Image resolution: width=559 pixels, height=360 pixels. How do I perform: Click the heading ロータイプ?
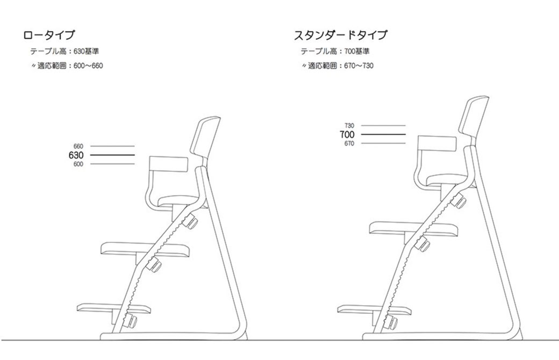pos(49,35)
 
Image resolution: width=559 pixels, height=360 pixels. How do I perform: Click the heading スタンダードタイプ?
pos(340,35)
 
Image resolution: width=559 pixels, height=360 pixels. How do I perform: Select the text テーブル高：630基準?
pos(64,52)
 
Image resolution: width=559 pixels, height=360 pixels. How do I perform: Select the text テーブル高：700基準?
pos(335,52)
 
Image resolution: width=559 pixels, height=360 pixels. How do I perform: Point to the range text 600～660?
pos(88,66)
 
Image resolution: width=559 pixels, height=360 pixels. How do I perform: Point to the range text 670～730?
pos(359,66)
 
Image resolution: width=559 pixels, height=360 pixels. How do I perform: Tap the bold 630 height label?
pos(76,155)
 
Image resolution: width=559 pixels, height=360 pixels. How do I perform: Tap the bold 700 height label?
pos(347,134)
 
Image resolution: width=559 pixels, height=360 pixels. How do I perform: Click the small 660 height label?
pos(78,146)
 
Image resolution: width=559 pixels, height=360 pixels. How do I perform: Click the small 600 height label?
pos(78,164)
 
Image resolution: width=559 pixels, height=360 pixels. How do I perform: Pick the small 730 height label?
pos(349,126)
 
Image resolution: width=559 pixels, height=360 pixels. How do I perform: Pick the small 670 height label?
pos(349,143)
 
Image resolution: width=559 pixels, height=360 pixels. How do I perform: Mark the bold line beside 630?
pos(112,155)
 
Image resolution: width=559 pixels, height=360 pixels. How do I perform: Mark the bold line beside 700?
pos(383,134)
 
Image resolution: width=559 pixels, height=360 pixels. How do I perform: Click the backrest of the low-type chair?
pos(206,137)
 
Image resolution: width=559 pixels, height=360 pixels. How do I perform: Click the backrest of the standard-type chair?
pos(474,116)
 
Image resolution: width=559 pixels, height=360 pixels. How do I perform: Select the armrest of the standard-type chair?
pos(437,143)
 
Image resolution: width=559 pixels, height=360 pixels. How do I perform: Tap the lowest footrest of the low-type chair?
pos(114,308)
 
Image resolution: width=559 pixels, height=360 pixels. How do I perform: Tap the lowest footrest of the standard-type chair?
pos(374,308)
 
